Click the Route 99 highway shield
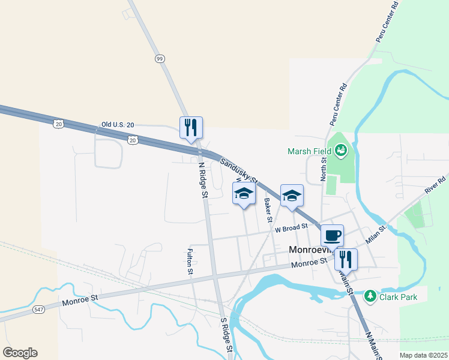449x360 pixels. (159, 58)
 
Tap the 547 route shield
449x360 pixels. (39, 310)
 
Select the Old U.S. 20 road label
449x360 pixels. (117, 124)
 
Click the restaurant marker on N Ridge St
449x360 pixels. (191, 127)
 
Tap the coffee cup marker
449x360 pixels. (331, 235)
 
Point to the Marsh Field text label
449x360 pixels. (310, 151)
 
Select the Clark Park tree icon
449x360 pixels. (371, 296)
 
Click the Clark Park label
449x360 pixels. (402, 296)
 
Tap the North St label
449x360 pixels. (323, 168)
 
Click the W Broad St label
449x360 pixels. (291, 227)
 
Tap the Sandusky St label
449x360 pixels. (238, 170)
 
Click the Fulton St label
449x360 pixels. (190, 262)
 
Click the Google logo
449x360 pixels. (20, 353)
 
